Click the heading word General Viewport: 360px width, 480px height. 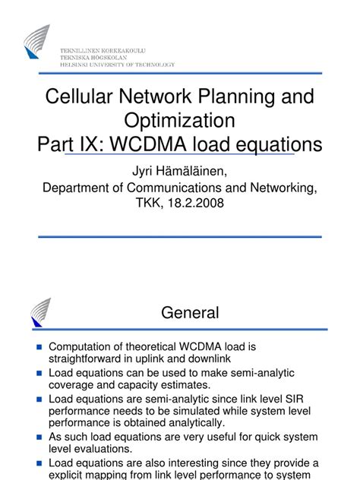[189, 312]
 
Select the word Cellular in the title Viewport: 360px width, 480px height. [77, 97]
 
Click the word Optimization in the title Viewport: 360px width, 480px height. [180, 120]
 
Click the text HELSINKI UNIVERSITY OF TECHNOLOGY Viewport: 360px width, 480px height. [117, 65]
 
